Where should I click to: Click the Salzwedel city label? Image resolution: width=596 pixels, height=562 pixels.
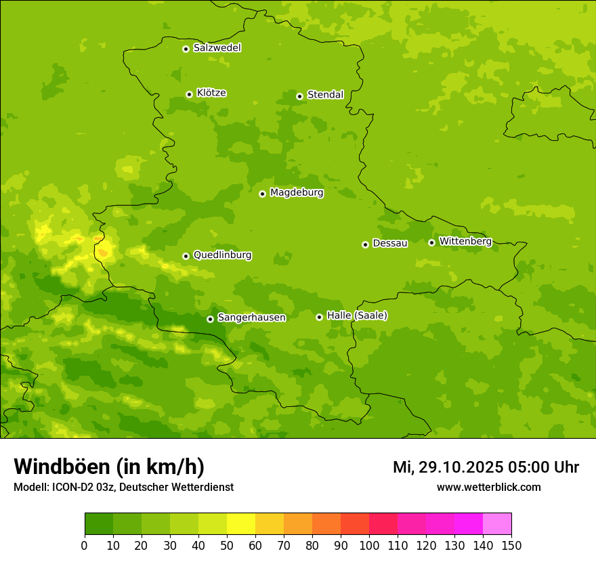click(217, 48)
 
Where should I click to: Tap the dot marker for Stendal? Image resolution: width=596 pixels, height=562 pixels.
click(299, 96)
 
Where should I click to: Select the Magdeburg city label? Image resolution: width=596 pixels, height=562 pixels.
click(297, 193)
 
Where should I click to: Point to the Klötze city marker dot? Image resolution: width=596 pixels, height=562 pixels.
click(189, 94)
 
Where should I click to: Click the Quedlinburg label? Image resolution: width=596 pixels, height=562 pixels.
click(222, 255)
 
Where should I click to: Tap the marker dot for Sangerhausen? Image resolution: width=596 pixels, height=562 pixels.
click(210, 319)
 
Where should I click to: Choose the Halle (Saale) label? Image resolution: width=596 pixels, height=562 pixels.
click(357, 316)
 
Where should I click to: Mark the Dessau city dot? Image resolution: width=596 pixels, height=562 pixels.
click(365, 244)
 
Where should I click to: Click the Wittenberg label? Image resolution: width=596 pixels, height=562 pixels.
click(465, 242)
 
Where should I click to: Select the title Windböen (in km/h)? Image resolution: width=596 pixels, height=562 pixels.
click(109, 467)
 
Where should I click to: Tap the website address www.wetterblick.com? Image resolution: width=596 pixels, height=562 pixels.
click(488, 488)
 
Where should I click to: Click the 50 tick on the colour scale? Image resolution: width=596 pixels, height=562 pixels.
click(227, 545)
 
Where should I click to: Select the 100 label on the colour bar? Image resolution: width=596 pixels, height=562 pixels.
click(369, 545)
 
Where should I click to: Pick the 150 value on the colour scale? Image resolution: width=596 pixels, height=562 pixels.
click(511, 545)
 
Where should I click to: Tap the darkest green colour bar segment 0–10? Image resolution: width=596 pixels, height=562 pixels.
click(99, 524)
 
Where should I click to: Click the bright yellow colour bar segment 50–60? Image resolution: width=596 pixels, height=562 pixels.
click(241, 524)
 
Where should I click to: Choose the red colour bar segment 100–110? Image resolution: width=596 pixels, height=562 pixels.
click(383, 524)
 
